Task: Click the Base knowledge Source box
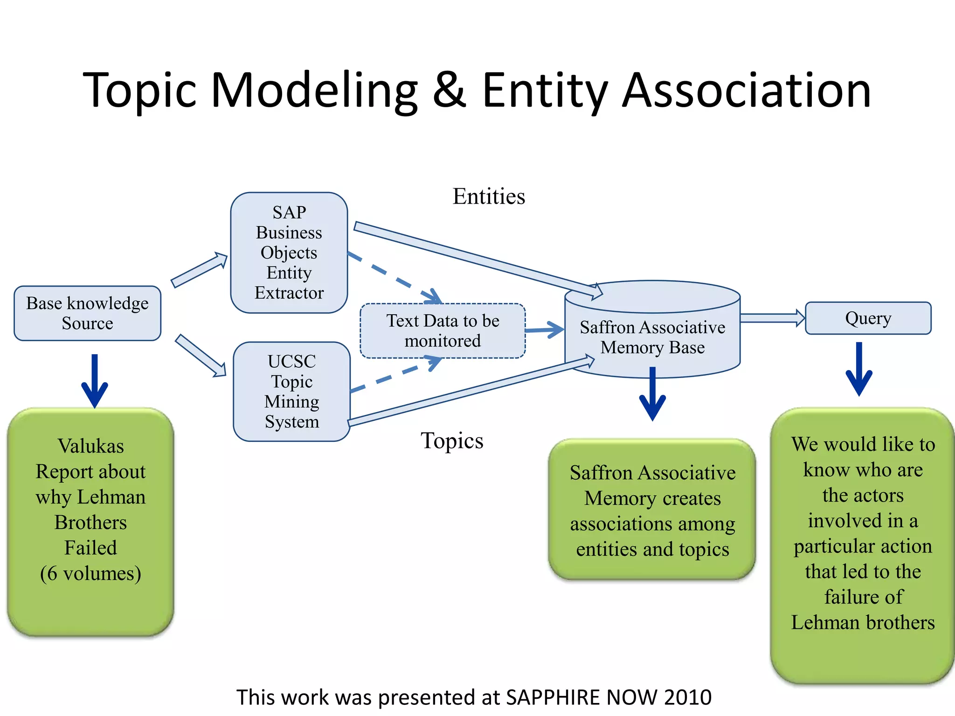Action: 88,313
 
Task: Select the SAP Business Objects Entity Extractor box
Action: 289,253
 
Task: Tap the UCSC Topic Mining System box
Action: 292,392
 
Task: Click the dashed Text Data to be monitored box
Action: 443,331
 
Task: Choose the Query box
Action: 868,318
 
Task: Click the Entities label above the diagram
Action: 489,196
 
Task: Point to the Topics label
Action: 452,441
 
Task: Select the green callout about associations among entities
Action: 652,510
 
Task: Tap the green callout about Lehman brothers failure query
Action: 863,545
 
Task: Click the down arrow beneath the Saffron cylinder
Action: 652,394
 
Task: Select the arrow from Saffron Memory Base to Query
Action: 772,318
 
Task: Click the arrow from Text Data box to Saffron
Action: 545,330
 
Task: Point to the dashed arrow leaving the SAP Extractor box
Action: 394,277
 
